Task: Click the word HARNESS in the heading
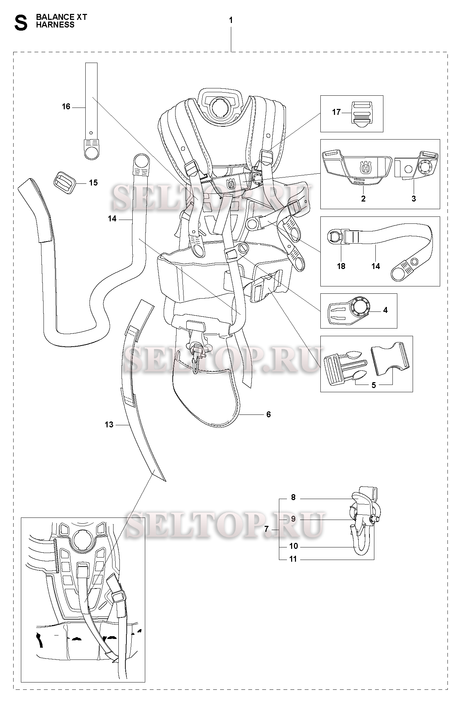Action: point(55,25)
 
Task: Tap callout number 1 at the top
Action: point(231,21)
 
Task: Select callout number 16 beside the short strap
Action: point(66,106)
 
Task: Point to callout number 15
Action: point(93,183)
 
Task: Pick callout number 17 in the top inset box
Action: point(336,112)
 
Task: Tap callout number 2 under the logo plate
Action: point(363,199)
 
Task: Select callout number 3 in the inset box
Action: point(414,199)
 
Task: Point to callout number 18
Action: point(341,266)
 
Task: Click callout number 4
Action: point(385,310)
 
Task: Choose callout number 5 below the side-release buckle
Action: point(374,385)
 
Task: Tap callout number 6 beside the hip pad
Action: point(268,414)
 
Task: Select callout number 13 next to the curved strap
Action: point(109,425)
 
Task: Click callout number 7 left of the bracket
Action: point(266,529)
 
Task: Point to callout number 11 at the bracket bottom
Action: point(293,559)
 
